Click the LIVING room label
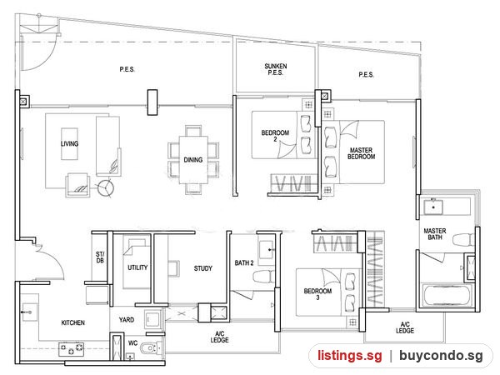(x=69, y=144)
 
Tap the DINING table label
(x=193, y=160)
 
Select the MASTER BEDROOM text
(x=362, y=153)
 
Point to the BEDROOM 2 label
(x=275, y=136)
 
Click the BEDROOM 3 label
(x=317, y=294)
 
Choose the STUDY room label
(x=203, y=268)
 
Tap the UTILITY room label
(x=137, y=267)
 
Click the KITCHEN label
(x=73, y=322)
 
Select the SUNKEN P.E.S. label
(x=276, y=69)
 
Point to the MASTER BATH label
(x=435, y=233)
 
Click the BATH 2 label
(x=244, y=263)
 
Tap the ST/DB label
(x=100, y=257)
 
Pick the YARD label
(x=127, y=319)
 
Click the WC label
(x=133, y=343)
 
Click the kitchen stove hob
(x=72, y=349)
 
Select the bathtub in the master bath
(x=447, y=296)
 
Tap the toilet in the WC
(x=149, y=348)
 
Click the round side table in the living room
(x=105, y=187)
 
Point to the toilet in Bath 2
(x=264, y=276)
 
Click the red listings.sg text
(x=350, y=356)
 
